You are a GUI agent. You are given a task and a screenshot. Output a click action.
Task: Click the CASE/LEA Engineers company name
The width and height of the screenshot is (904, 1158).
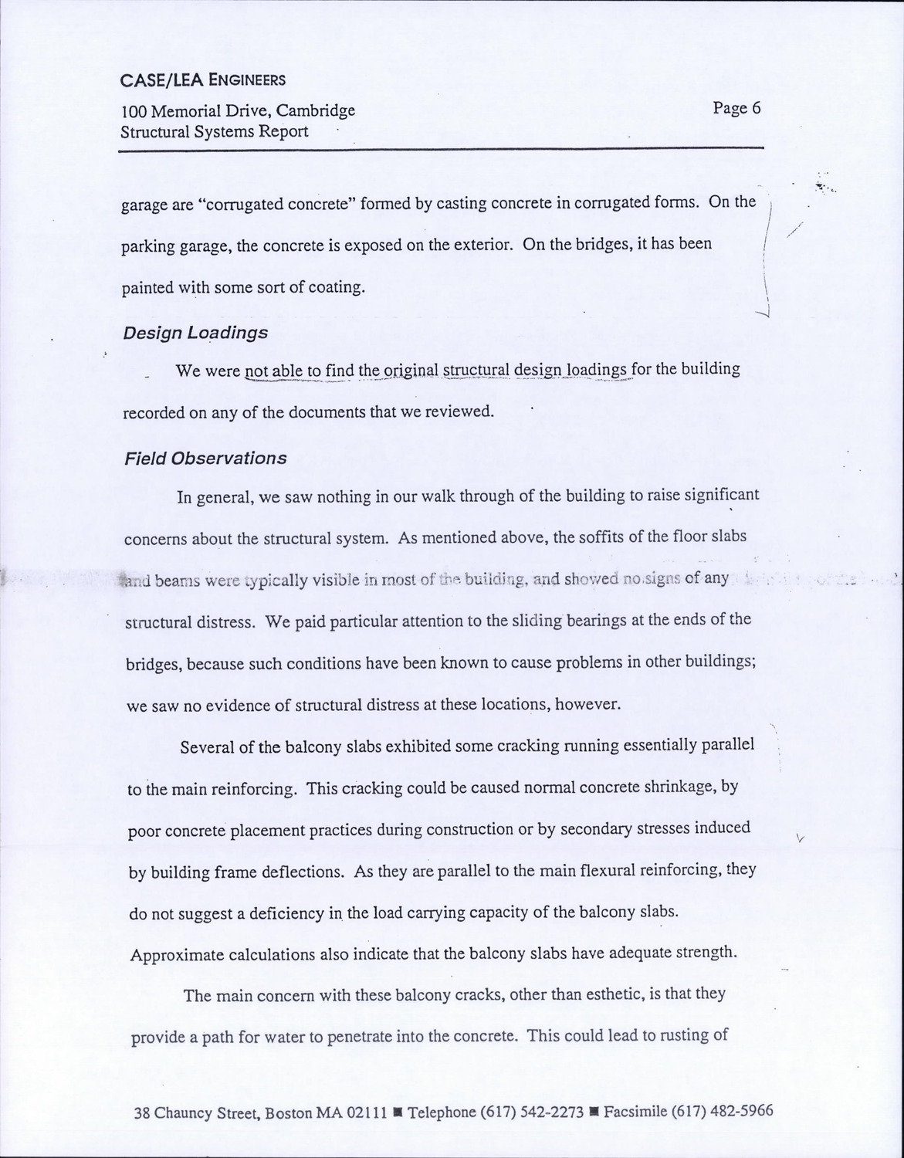click(x=203, y=80)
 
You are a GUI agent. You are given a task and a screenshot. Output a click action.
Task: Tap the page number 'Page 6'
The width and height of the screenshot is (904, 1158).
click(x=736, y=108)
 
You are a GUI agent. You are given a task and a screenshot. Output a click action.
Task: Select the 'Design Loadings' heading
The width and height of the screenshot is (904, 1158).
click(x=195, y=333)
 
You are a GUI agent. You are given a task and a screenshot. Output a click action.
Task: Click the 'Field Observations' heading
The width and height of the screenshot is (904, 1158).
click(x=205, y=459)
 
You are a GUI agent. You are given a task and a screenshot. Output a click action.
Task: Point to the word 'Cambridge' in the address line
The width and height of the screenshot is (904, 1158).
click(x=316, y=110)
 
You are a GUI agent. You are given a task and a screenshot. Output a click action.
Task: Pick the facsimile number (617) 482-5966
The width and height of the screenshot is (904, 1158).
click(x=722, y=1112)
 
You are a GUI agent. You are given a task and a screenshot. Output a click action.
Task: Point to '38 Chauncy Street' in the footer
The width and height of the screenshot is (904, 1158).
click(x=196, y=1113)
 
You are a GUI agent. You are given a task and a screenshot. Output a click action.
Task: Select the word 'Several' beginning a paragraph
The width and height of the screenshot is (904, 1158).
click(x=206, y=748)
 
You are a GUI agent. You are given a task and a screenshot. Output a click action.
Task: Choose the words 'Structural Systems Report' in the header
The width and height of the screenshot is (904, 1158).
click(x=214, y=131)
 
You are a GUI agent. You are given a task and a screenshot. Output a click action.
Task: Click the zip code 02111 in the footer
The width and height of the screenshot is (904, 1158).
click(x=367, y=1113)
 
